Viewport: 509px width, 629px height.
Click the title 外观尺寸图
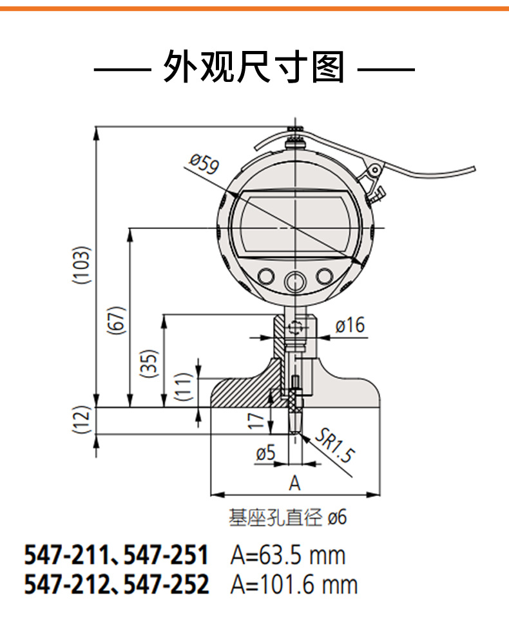pos(254,68)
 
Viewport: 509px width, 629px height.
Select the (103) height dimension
pos(80,265)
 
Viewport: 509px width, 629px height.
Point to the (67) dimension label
pos(117,318)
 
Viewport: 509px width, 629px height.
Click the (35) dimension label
pos(149,365)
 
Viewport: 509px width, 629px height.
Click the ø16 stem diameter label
pos(350,326)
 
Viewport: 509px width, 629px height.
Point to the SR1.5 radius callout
pos(336,446)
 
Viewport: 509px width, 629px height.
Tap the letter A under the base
pos(294,483)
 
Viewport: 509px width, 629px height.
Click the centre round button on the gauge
pos(295,281)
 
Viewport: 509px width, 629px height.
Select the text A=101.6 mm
pos(293,584)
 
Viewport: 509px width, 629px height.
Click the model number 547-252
pos(166,584)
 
